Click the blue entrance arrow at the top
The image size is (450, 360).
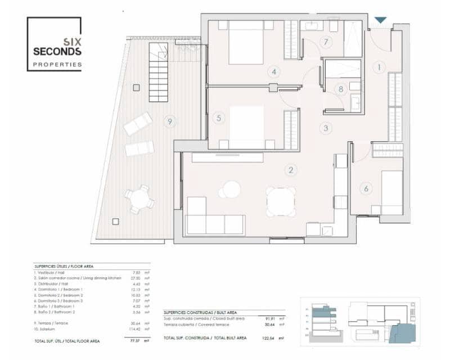pyautogui.click(x=381, y=20)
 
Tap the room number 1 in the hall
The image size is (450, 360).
pyautogui.click(x=380, y=67)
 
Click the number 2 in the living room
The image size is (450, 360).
pyautogui.click(x=291, y=170)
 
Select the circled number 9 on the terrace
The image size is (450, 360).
pyautogui.click(x=169, y=121)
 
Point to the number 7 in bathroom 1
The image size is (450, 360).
pyautogui.click(x=325, y=42)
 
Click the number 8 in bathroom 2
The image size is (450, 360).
pyautogui.click(x=340, y=88)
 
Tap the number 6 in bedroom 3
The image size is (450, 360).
pyautogui.click(x=366, y=189)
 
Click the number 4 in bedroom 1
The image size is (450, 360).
pyautogui.click(x=274, y=71)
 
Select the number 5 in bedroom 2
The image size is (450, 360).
pyautogui.click(x=219, y=118)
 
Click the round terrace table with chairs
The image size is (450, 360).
pyautogui.click(x=139, y=200)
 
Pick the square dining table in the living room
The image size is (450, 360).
pyautogui.click(x=281, y=201)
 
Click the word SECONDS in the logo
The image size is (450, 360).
pyautogui.click(x=57, y=51)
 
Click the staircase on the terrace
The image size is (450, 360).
pyautogui.click(x=159, y=74)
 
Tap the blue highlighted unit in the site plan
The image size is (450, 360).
pyautogui.click(x=406, y=332)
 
